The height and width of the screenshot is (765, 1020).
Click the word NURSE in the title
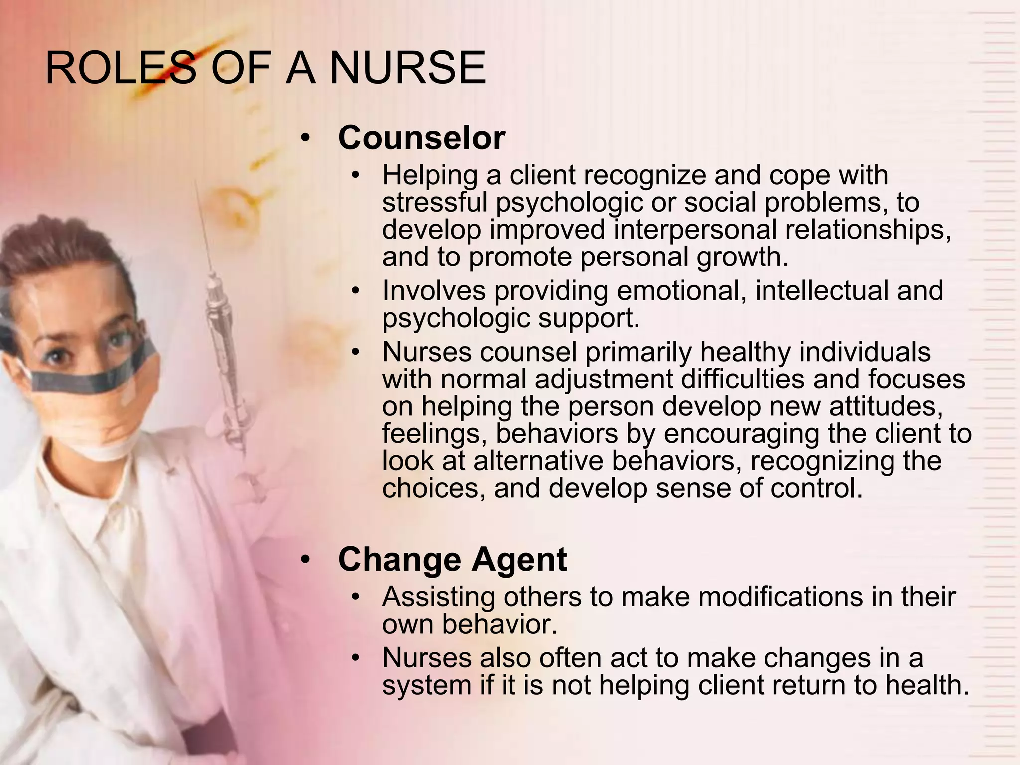tap(407, 68)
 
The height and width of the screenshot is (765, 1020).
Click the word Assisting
tap(438, 597)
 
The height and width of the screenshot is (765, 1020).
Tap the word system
tap(426, 685)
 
